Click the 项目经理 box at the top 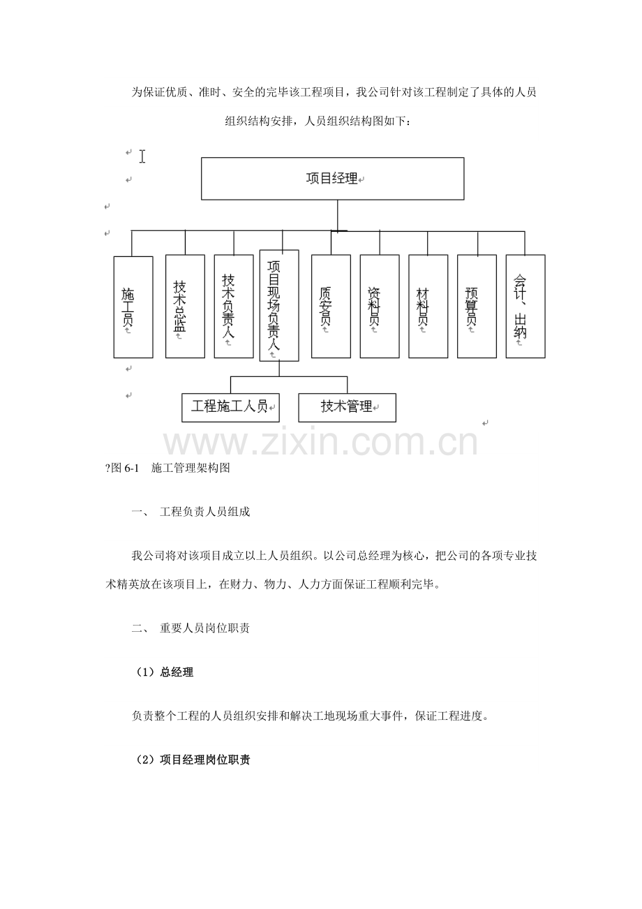(x=333, y=179)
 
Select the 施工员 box (x=133, y=306)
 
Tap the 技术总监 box (x=185, y=306)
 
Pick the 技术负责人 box (x=234, y=306)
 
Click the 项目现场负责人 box (x=279, y=306)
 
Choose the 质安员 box (x=331, y=306)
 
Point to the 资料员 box (x=380, y=306)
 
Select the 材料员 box (x=428, y=306)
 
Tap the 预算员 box (x=477, y=306)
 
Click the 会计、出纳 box (x=525, y=306)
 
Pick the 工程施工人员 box (x=230, y=408)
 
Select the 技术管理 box (x=347, y=408)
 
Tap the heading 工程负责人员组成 (x=204, y=512)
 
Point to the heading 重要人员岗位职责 (x=204, y=628)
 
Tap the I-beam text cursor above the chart (x=142, y=156)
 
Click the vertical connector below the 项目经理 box (x=338, y=216)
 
